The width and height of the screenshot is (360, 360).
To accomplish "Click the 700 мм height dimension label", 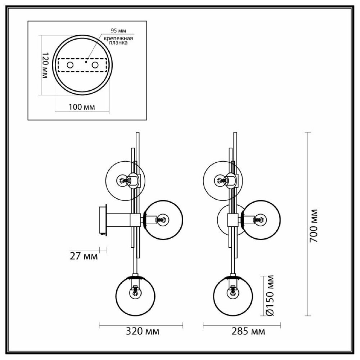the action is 314,226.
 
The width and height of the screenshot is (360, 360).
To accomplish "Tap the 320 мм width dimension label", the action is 142,331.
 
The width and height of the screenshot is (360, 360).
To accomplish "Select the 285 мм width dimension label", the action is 248,331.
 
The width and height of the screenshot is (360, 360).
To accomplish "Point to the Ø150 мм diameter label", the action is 270,296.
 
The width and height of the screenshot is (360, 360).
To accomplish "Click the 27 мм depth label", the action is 84,256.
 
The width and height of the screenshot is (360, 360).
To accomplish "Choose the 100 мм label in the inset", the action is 82,107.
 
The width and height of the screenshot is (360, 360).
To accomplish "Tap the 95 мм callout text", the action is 118,31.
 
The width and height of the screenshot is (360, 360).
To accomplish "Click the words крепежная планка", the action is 118,40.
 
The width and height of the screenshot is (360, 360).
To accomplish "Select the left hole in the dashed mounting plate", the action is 70,65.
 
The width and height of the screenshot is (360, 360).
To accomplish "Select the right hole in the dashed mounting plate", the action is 95,65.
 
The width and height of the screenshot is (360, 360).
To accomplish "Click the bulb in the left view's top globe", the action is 123,181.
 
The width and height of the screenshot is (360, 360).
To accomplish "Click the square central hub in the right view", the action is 233,220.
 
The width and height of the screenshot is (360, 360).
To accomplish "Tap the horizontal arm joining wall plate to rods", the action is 118,220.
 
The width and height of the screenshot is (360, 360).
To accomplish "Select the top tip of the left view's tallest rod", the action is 138,132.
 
